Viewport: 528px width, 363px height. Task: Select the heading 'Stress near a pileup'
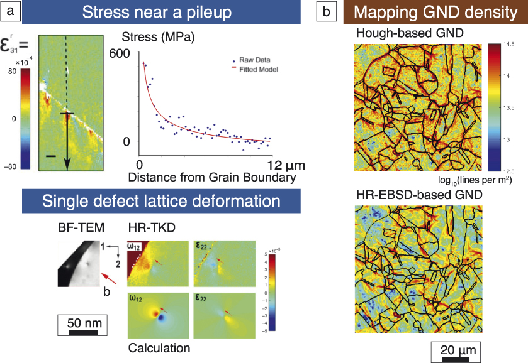tap(159, 12)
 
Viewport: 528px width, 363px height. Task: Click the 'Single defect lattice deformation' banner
tap(161, 202)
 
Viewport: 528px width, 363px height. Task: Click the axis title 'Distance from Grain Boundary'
tap(211, 178)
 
